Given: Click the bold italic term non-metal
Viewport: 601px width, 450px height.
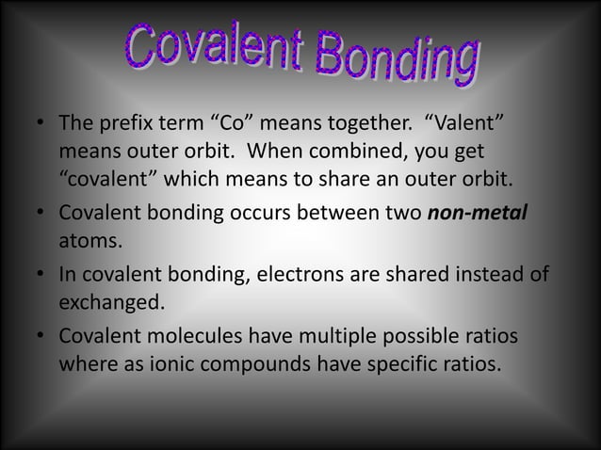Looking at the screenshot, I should click(478, 212).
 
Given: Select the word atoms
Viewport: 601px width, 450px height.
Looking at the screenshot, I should click(90, 241).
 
